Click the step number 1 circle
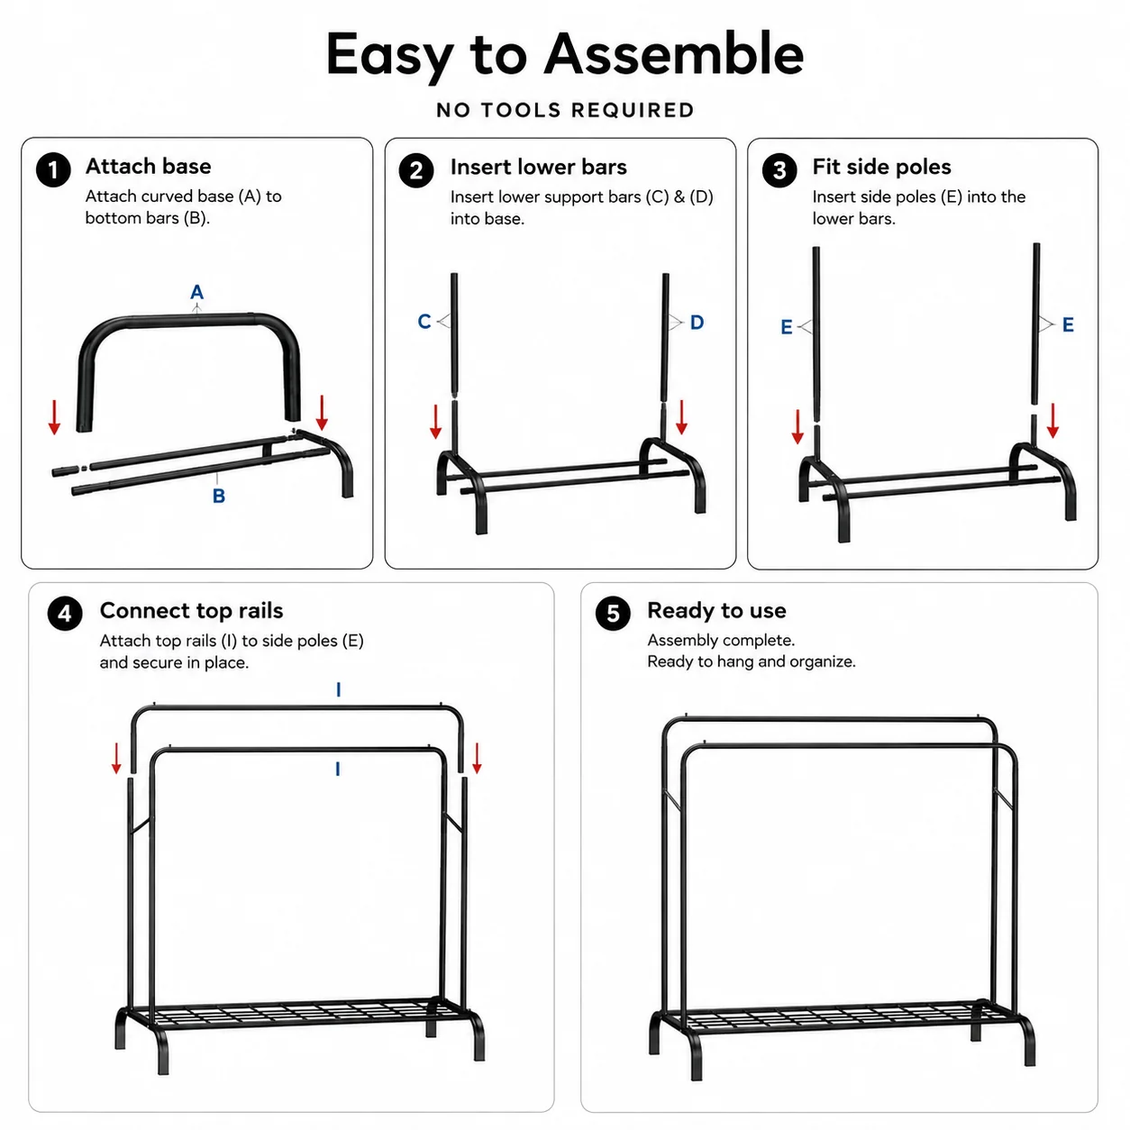(53, 170)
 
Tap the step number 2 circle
(415, 170)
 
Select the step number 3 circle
(779, 170)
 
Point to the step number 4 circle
(65, 614)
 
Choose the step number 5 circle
(613, 614)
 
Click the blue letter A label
(197, 292)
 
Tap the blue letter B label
(219, 497)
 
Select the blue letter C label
(424, 322)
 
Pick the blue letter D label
(697, 323)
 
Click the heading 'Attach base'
(149, 166)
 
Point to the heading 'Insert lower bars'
(538, 167)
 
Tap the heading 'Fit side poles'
(881, 167)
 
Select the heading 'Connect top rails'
(191, 610)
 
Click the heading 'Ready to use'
(716, 610)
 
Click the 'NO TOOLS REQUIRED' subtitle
(565, 110)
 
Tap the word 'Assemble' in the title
(673, 56)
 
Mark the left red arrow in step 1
(55, 417)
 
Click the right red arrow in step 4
(477, 758)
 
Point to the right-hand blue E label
(1068, 325)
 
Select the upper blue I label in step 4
(338, 689)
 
